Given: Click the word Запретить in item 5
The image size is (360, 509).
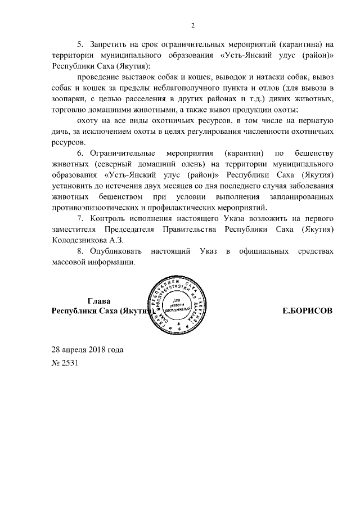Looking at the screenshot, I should coord(109,46).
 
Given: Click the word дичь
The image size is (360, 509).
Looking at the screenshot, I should coord(60,132).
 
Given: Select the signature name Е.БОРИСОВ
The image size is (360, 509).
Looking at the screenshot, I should coord(307,310).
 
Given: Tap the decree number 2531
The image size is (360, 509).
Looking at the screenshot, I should coord(71,363).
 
